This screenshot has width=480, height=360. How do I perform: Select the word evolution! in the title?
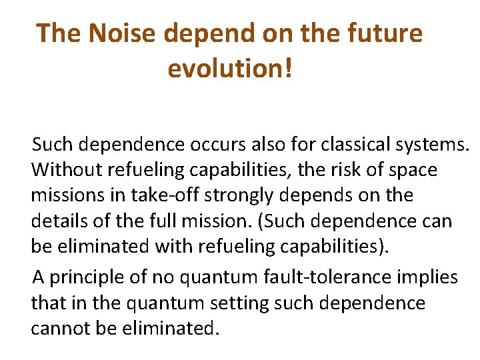229,68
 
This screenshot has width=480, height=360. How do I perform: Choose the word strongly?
249,196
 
